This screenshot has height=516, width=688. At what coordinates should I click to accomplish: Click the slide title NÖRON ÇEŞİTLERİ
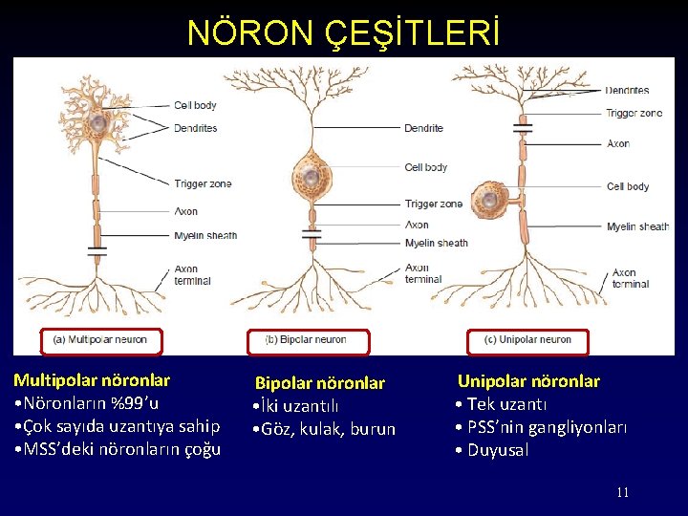(x=343, y=32)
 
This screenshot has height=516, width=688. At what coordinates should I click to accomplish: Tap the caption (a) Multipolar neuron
(x=100, y=339)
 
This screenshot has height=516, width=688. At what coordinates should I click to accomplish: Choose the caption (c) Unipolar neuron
(x=528, y=339)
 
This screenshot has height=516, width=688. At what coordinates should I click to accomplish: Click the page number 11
(x=622, y=492)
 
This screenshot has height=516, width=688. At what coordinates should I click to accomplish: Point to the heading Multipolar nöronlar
(x=92, y=380)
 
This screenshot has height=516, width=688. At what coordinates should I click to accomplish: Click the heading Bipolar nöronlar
(x=319, y=383)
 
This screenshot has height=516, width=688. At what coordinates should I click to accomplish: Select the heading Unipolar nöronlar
(x=528, y=381)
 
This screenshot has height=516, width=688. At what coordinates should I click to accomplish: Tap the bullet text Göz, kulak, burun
(x=329, y=429)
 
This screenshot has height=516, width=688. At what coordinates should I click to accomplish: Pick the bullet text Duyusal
(x=497, y=450)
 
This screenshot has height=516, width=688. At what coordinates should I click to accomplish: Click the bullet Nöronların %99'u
(x=91, y=402)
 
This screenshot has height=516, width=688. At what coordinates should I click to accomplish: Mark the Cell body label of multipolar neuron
(x=195, y=105)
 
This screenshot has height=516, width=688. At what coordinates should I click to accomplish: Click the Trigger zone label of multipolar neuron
(x=203, y=183)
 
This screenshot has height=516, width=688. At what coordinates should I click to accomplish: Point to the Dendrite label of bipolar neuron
(x=423, y=128)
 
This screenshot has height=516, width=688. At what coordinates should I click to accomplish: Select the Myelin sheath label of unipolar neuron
(x=637, y=226)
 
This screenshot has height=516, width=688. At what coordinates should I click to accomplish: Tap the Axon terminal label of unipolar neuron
(x=630, y=278)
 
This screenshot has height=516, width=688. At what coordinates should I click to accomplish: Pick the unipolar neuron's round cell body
(x=490, y=199)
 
